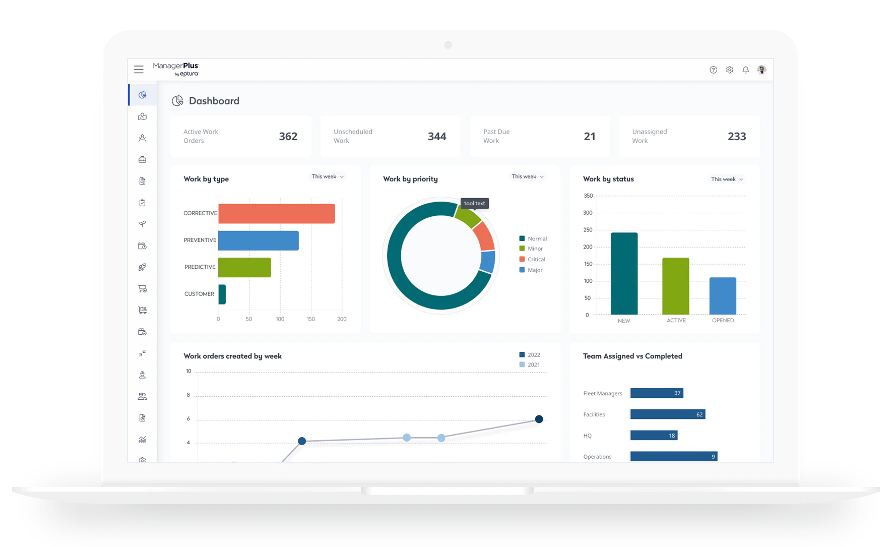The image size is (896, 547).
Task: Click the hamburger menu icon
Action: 139,70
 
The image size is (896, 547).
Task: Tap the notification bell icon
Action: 745,70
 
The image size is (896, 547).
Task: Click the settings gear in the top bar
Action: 729,70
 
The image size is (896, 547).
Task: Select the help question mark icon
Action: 713,70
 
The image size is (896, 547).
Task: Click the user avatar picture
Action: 761,70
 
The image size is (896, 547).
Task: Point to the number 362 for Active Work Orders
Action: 288,137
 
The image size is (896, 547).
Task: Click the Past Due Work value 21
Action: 590,137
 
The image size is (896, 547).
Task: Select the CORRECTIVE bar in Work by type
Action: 276,213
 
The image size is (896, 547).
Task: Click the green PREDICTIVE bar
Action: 244,267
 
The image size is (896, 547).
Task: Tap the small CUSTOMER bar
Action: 222,294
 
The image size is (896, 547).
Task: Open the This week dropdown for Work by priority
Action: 527,176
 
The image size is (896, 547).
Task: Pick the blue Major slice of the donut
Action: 487,262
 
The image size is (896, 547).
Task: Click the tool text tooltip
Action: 474,203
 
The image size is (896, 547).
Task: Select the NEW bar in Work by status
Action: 624,273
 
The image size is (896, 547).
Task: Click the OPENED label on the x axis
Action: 723,321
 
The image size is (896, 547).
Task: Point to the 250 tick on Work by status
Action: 588,230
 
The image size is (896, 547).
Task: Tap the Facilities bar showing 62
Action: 667,414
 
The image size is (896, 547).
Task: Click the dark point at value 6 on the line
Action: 539,419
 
